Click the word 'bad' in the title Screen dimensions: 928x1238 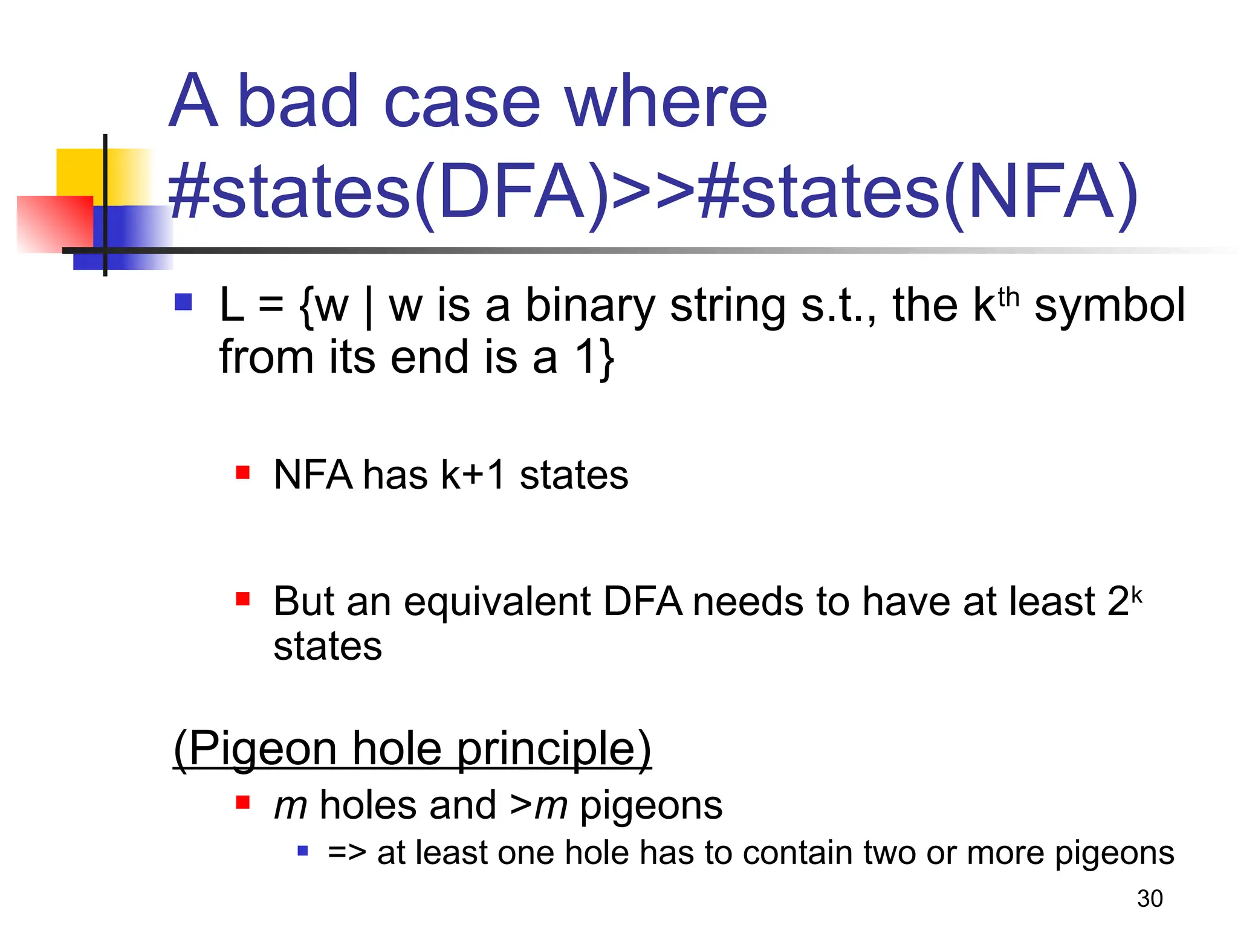299,101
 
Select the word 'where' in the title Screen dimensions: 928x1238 666,101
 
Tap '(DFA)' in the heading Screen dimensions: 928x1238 511,192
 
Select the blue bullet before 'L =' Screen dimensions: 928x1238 183,301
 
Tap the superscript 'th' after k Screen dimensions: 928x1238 1008,298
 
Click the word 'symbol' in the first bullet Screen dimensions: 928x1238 1109,305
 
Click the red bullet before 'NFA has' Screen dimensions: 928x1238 243,472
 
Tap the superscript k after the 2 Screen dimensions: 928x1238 1136,595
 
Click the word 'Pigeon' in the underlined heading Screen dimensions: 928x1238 264,749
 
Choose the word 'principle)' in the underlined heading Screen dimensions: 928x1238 553,749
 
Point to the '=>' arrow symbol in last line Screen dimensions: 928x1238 347,853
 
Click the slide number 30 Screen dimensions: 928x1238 1149,898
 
